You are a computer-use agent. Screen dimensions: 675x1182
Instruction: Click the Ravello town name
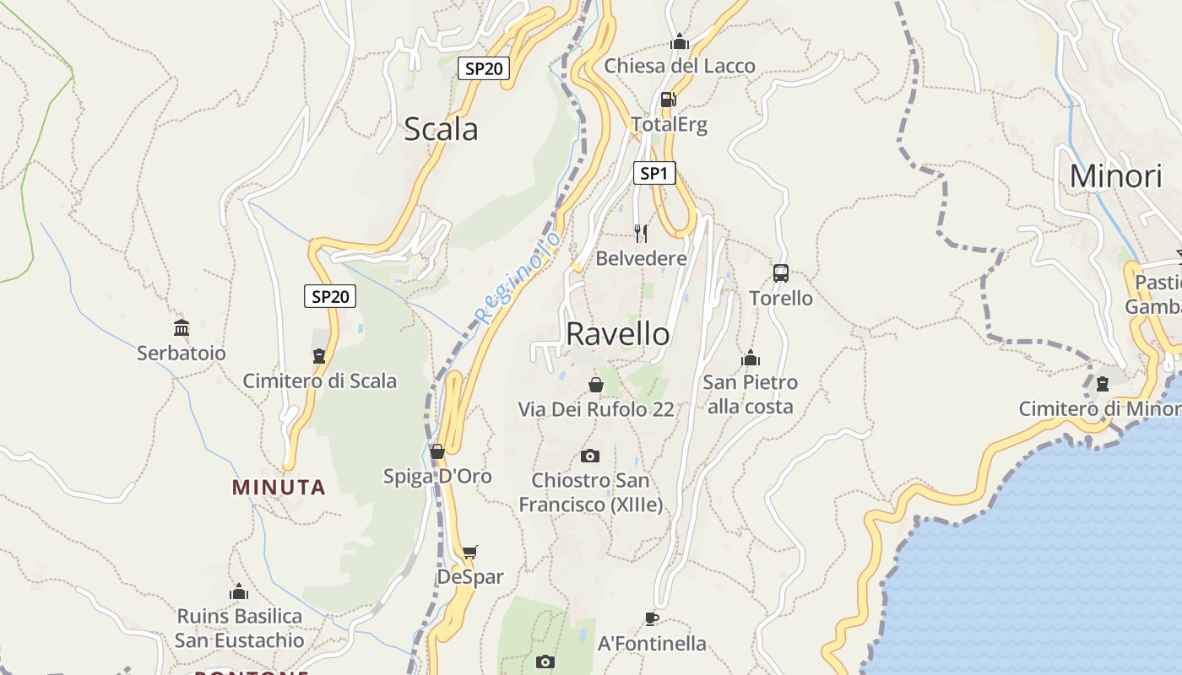coord(618,334)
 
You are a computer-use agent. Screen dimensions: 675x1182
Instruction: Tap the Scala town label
coord(441,129)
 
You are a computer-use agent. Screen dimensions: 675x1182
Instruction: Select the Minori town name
coord(1115,176)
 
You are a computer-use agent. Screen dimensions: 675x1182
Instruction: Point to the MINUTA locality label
coord(279,487)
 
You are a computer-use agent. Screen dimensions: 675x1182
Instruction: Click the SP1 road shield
coord(654,174)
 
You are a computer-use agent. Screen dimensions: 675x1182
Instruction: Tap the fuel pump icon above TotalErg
coord(668,100)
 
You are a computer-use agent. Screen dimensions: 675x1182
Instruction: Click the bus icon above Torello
coord(781,273)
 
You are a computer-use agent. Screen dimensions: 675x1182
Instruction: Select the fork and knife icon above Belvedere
coord(641,233)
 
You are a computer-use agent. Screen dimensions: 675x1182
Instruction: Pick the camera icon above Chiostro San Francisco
coord(590,456)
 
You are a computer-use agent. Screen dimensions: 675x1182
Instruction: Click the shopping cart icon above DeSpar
coord(469,553)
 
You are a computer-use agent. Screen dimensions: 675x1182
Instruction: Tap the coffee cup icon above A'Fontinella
coord(651,618)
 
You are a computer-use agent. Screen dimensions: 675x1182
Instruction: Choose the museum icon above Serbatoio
coord(182,327)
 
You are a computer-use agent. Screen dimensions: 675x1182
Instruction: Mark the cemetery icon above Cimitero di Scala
coord(319,356)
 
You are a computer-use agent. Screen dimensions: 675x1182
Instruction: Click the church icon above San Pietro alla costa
coord(751,359)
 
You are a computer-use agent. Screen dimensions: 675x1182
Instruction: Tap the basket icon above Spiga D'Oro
coord(437,451)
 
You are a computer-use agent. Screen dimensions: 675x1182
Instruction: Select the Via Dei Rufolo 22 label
coord(596,409)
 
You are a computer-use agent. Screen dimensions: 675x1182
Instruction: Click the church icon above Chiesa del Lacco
coord(680,41)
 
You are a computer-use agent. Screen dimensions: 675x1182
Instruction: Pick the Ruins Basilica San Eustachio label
coord(240,628)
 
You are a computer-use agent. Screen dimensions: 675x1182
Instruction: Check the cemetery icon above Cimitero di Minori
coord(1102,384)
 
